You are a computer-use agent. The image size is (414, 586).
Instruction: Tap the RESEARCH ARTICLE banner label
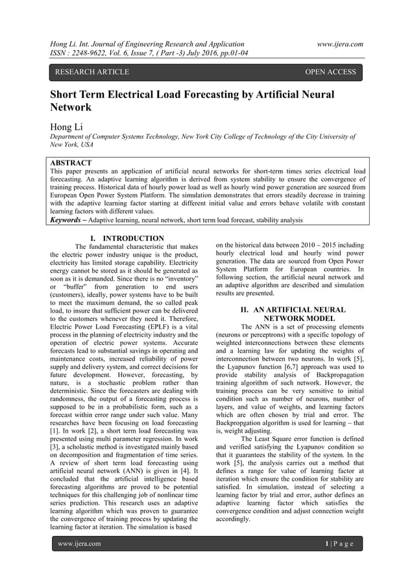click(92, 72)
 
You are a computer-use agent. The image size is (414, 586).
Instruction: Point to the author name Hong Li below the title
click(69, 125)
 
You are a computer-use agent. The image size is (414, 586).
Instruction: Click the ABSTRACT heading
click(71, 162)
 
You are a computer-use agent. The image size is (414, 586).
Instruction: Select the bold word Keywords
click(69, 220)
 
